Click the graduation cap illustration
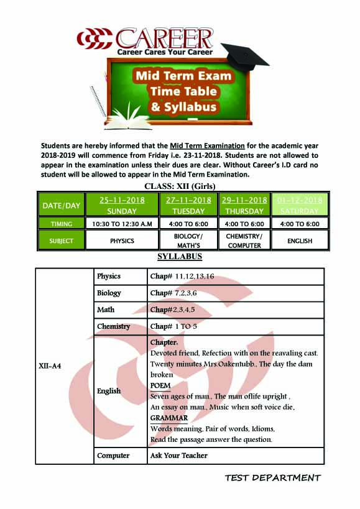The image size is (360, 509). point(245,57)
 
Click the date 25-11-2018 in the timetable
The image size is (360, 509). point(122,200)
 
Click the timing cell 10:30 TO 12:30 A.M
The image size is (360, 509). point(122,224)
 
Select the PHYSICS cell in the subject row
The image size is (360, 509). point(122,241)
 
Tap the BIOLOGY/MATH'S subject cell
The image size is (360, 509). point(188,241)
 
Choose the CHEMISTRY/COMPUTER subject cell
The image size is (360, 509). point(244,241)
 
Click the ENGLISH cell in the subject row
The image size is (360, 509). point(300,241)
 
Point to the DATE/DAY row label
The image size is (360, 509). point(61,205)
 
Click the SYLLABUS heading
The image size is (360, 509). point(180,257)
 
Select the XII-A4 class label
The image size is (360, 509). point(50,366)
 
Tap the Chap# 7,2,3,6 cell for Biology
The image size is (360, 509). point(173,293)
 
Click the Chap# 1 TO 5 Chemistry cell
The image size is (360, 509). point(173,326)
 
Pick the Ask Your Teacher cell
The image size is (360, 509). point(179,456)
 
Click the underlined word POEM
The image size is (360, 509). point(160,385)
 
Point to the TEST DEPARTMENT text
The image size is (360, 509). point(273,478)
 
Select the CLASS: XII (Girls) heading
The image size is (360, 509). point(180,186)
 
